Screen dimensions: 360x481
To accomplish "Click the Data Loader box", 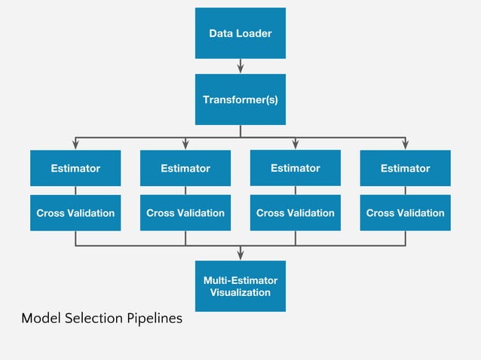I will tap(240, 33).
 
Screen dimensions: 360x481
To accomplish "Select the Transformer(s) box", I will tap(240, 99).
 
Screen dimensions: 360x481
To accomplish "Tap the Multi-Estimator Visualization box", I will tap(240, 286).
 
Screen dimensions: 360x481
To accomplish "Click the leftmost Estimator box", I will tap(75, 168).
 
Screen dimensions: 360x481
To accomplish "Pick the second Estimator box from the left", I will tap(185, 168).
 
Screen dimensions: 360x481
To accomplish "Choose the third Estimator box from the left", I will tap(296, 167).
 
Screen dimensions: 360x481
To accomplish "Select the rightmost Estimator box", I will tap(406, 168).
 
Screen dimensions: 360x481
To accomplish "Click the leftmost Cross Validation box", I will tap(75, 212).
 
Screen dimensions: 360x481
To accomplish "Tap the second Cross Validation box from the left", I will tap(185, 212).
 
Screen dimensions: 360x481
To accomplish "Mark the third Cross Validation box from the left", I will tap(296, 212).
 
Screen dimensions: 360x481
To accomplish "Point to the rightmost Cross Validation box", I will tap(406, 212).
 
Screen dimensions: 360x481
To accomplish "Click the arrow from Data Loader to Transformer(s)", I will tap(240, 66).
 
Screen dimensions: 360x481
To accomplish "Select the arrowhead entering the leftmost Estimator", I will tap(75, 145).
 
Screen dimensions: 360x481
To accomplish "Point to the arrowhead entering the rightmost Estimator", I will tap(406, 145).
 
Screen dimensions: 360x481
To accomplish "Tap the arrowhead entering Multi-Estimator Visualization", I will tap(240, 255).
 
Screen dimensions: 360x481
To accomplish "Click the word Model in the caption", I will tap(39, 319).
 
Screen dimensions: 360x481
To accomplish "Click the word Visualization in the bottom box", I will tap(240, 292).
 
